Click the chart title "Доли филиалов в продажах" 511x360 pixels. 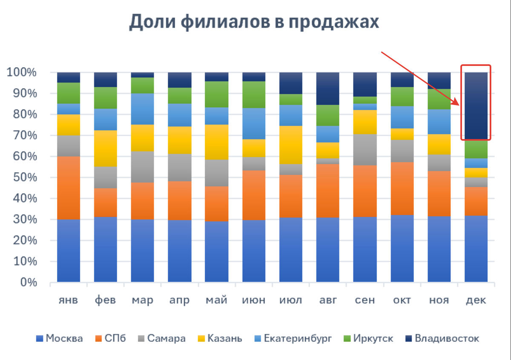pyautogui.click(x=254, y=22)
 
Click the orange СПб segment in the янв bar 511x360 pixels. pyautogui.click(x=69, y=188)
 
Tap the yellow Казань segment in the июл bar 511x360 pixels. pyautogui.click(x=291, y=145)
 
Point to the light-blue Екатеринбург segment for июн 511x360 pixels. pyautogui.click(x=254, y=123)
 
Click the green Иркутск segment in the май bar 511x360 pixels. pyautogui.click(x=216, y=94)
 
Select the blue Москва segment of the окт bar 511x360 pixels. pyautogui.click(x=402, y=248)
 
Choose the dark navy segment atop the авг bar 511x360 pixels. pyautogui.click(x=328, y=89)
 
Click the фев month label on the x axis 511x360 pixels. pyautogui.click(x=105, y=300)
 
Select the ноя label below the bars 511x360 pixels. pyautogui.click(x=439, y=300)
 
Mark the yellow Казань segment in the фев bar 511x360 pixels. pyautogui.click(x=106, y=148)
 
